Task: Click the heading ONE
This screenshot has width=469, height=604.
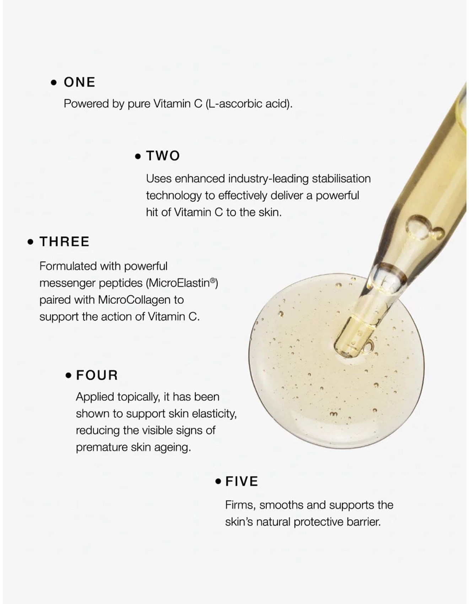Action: point(80,82)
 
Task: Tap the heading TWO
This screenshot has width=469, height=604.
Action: point(163,156)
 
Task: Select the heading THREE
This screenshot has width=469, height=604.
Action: point(64,242)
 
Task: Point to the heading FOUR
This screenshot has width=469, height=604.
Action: point(97,375)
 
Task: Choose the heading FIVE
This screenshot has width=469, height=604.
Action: point(242,481)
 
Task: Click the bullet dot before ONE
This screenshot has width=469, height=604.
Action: point(54,82)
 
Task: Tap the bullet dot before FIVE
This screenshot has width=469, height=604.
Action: point(218,482)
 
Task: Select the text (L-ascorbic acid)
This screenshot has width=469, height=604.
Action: point(249,104)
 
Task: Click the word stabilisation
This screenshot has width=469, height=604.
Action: point(341,178)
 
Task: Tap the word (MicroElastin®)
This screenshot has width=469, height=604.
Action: point(182,283)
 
